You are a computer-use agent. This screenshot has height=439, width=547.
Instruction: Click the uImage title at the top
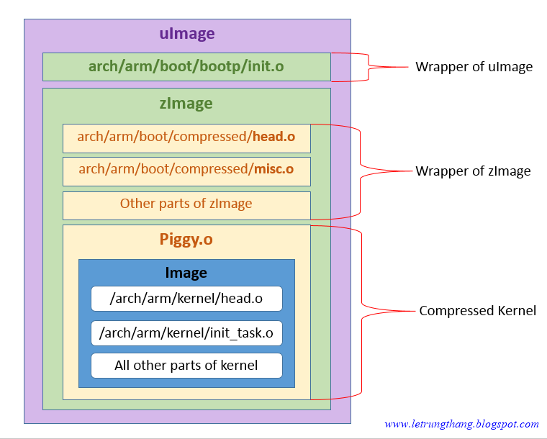point(186,34)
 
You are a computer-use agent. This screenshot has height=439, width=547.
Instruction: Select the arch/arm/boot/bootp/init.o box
point(186,67)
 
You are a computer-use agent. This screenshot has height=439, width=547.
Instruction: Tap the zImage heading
point(186,103)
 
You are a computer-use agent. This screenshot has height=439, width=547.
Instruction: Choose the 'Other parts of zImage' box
point(186,204)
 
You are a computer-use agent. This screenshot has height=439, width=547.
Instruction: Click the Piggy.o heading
point(186,240)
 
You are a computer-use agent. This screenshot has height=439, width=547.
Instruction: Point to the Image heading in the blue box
point(186,273)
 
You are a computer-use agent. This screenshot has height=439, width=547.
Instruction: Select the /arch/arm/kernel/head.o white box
point(186,299)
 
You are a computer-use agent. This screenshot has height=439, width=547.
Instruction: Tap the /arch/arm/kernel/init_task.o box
point(186,332)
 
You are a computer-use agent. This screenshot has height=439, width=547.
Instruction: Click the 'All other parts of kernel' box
point(186,366)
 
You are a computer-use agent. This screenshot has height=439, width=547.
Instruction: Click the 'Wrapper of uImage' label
point(474,67)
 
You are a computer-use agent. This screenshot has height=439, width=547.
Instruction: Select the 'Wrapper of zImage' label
point(473,171)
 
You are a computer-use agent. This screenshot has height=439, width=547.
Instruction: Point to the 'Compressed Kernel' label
point(477,311)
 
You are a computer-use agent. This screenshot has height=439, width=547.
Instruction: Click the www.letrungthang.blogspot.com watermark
point(461,425)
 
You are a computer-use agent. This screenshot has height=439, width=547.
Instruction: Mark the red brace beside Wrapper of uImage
point(368,67)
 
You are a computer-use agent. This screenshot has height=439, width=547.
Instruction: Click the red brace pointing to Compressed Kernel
point(361,312)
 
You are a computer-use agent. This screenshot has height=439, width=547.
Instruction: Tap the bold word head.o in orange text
point(273,137)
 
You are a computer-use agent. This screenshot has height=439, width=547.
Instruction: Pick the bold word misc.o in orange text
point(273,170)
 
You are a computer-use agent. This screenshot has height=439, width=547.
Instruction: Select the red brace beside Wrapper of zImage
point(360,171)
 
